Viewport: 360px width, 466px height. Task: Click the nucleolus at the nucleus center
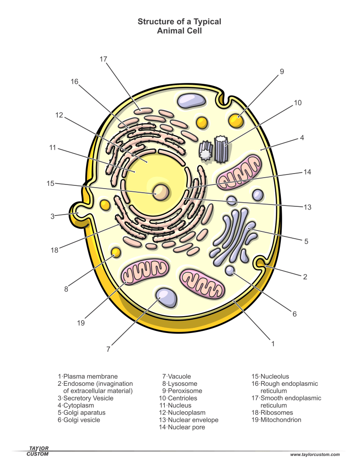(x=161, y=192)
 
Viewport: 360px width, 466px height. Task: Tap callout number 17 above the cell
(x=103, y=59)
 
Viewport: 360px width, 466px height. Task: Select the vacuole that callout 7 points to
(x=167, y=297)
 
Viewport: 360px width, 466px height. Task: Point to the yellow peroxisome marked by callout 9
(x=236, y=121)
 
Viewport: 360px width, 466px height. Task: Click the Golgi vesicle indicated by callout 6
(x=230, y=271)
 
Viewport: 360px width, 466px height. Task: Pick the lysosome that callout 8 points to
(x=116, y=252)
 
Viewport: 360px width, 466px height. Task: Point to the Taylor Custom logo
(x=38, y=451)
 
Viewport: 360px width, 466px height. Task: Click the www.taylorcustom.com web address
(x=315, y=455)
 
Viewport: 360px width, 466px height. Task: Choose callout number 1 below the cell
(x=273, y=344)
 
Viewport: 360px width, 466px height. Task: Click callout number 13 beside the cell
(x=307, y=207)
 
